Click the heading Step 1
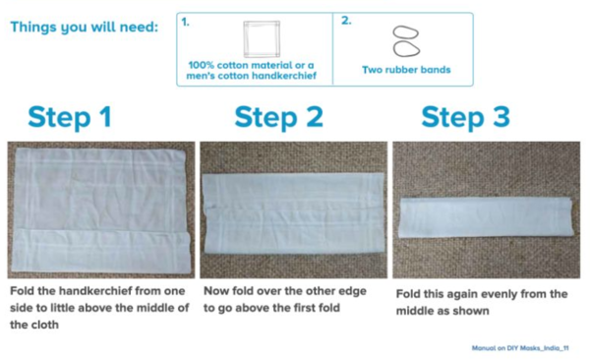click(x=70, y=117)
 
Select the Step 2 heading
click(x=279, y=117)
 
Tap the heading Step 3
click(x=465, y=117)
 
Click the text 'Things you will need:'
click(x=85, y=28)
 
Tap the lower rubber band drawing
click(x=406, y=49)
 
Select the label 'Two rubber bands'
click(x=406, y=70)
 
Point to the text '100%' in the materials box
click(x=202, y=65)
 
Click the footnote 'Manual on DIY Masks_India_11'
click(x=520, y=348)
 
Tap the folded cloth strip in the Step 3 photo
click(x=486, y=217)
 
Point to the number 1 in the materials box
click(x=185, y=23)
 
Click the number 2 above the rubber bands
click(x=346, y=21)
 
